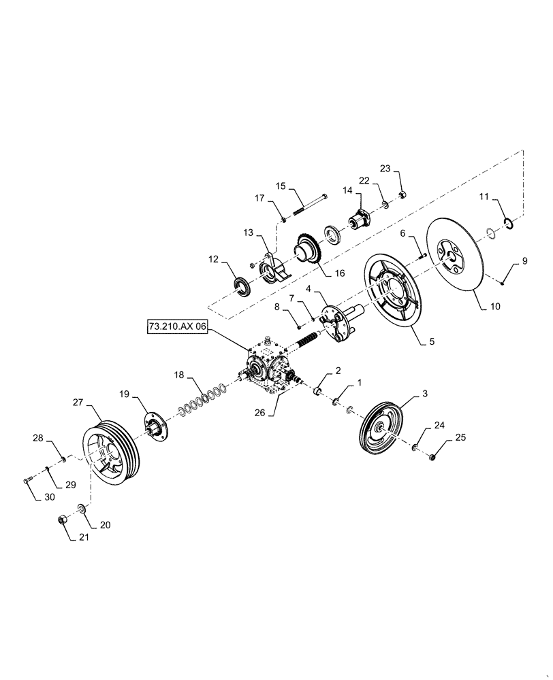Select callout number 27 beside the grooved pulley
[78, 403]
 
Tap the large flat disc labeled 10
[454, 258]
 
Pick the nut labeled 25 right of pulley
[434, 457]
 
